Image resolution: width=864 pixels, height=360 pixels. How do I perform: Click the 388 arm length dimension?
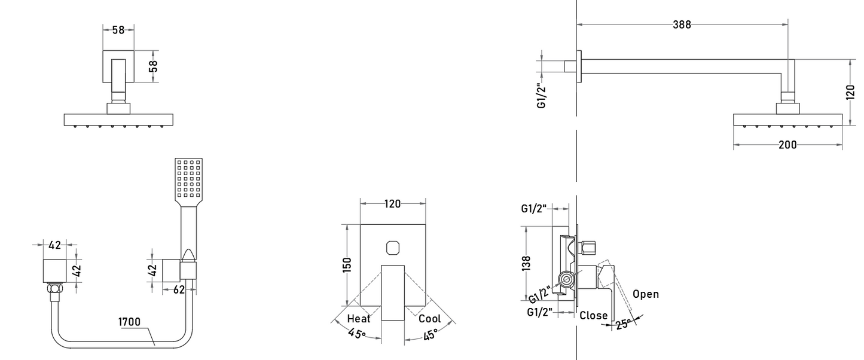[x=682, y=25]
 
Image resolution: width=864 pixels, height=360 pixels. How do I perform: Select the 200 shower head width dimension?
[x=787, y=145]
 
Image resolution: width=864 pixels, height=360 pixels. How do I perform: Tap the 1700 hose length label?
[x=129, y=322]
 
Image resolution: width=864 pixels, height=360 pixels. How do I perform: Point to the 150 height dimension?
[x=347, y=265]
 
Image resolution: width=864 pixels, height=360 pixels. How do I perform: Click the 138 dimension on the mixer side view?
[x=527, y=263]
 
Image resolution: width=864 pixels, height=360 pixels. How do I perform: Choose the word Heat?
[x=359, y=319]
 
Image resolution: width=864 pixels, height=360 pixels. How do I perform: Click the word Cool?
[x=430, y=319]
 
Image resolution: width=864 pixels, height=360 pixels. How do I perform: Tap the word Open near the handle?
[x=646, y=294]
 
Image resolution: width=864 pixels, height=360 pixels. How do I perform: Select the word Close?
[x=594, y=316]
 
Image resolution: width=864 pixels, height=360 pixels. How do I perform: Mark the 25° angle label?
[x=623, y=324]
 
